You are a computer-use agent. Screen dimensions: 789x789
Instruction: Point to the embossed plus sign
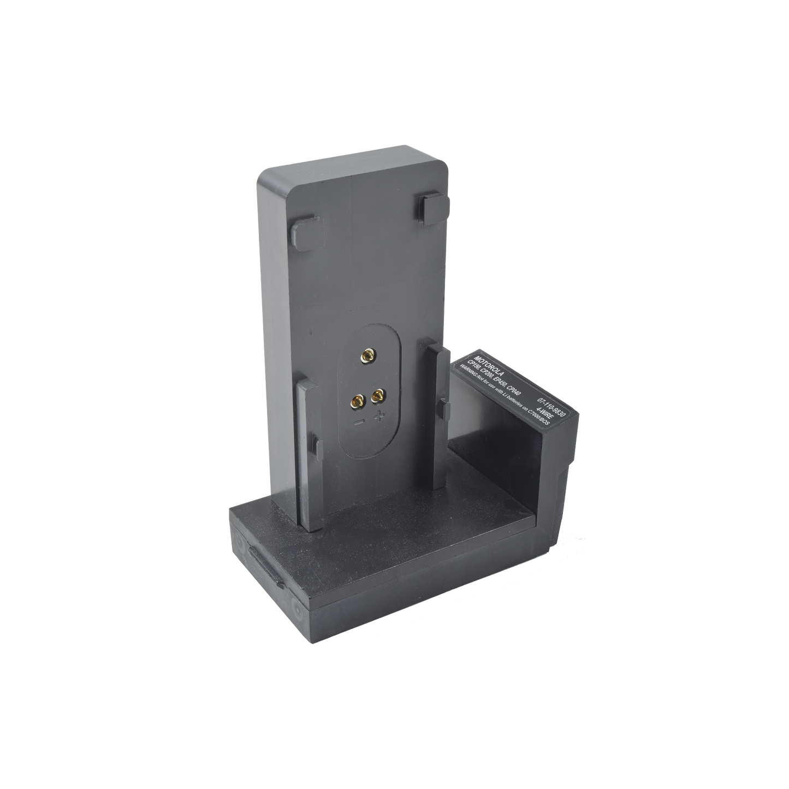(378, 417)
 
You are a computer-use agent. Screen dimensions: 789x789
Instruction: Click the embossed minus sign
(360, 422)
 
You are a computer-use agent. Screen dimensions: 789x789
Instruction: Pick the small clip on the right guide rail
(445, 405)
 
